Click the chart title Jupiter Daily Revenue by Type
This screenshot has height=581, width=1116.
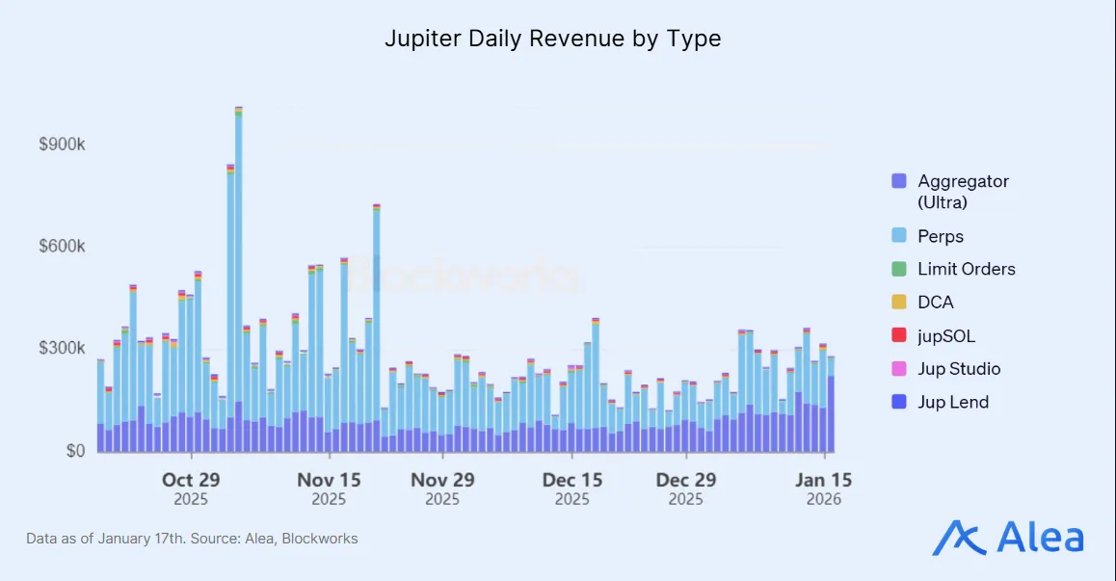(553, 39)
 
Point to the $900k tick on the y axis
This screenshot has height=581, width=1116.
(62, 145)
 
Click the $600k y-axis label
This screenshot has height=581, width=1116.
(62, 247)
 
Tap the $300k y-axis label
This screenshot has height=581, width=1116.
(62, 348)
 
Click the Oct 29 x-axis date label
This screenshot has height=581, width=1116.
(191, 480)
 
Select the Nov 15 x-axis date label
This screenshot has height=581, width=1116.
(329, 480)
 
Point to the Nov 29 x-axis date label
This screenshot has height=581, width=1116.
(442, 480)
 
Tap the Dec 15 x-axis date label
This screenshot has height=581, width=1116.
(571, 480)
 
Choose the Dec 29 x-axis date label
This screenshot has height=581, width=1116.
(685, 480)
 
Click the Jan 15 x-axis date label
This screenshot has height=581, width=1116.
(823, 480)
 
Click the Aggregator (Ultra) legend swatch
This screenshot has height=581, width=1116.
(899, 181)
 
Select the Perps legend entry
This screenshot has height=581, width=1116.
(940, 236)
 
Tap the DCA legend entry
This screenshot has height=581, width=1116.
(935, 303)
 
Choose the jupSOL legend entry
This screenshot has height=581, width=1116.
(945, 335)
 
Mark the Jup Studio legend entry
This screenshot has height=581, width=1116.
(958, 369)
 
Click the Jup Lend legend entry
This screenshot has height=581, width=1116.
(952, 402)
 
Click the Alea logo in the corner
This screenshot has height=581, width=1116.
(1008, 538)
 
